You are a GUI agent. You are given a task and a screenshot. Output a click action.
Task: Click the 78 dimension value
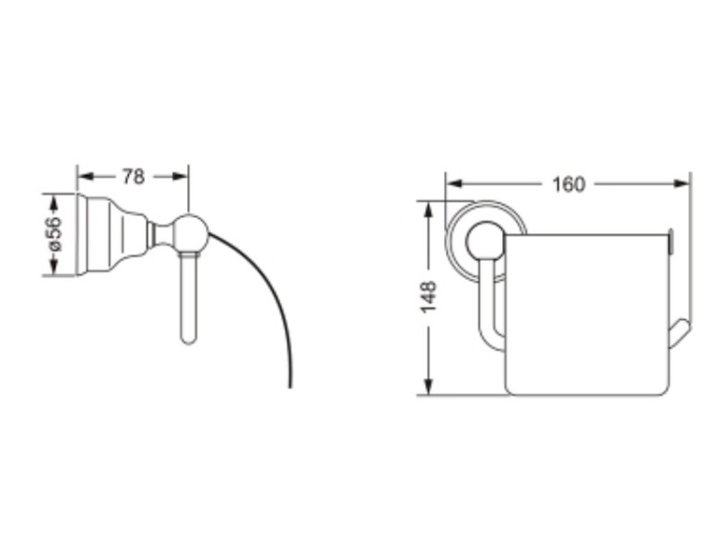(133, 177)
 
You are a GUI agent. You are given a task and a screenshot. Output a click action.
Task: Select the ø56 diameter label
(54, 234)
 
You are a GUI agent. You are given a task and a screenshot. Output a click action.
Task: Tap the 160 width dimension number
(569, 184)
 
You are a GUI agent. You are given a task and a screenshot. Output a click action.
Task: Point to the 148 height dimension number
(429, 297)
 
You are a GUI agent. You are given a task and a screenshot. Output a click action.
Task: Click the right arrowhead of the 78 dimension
(179, 177)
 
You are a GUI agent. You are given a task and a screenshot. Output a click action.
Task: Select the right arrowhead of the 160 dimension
(682, 183)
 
